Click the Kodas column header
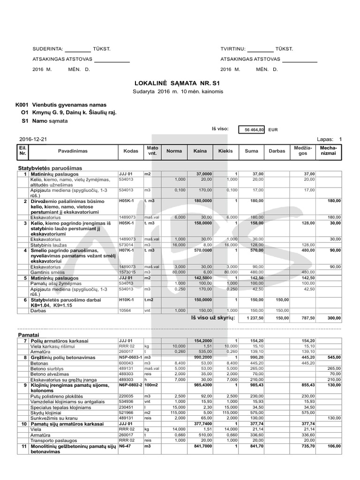pos(131,151)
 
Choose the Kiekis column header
pos(225,151)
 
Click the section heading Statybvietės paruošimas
pos(50,168)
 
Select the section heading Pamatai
pos(29,336)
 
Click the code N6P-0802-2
pos(131,385)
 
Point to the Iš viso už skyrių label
pos(212,318)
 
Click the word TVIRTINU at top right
pos(232,49)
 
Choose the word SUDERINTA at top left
pos(47,49)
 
